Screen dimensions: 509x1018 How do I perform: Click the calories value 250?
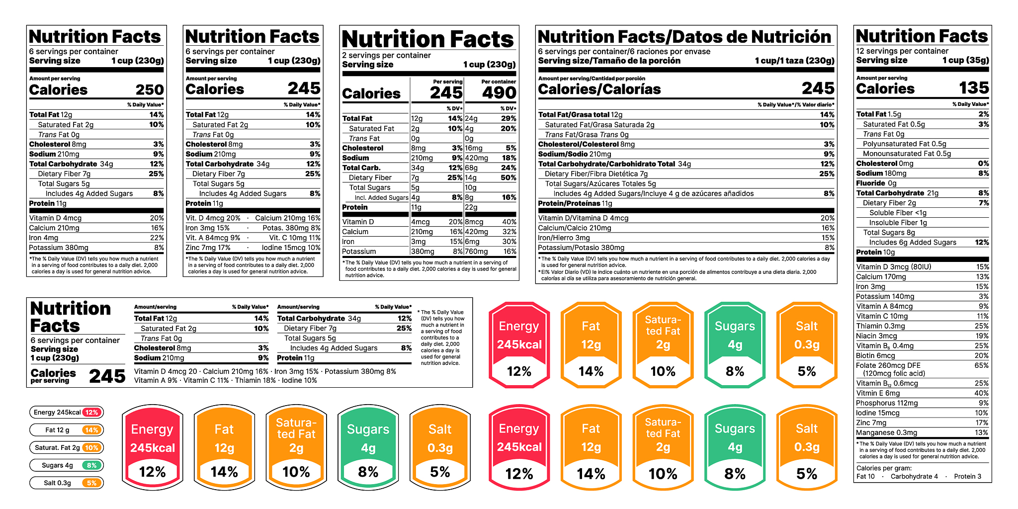(x=150, y=90)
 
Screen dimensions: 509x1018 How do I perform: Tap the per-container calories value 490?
(x=499, y=93)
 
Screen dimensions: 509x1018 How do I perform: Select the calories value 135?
(x=974, y=88)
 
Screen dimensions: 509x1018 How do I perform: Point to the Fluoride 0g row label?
(x=876, y=183)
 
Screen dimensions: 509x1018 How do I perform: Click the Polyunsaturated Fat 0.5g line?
(x=904, y=144)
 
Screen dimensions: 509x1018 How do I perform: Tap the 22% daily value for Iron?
(x=157, y=238)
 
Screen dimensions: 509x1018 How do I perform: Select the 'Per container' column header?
(x=499, y=82)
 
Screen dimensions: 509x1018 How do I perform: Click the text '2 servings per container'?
(x=386, y=55)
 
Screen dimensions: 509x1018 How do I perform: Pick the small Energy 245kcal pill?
(x=67, y=412)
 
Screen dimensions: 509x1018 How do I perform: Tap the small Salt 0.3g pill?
(x=67, y=483)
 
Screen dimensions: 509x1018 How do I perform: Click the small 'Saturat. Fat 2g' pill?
(x=67, y=447)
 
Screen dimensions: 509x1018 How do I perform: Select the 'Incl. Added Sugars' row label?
(x=381, y=198)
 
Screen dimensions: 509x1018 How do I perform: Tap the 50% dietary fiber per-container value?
(x=508, y=177)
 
